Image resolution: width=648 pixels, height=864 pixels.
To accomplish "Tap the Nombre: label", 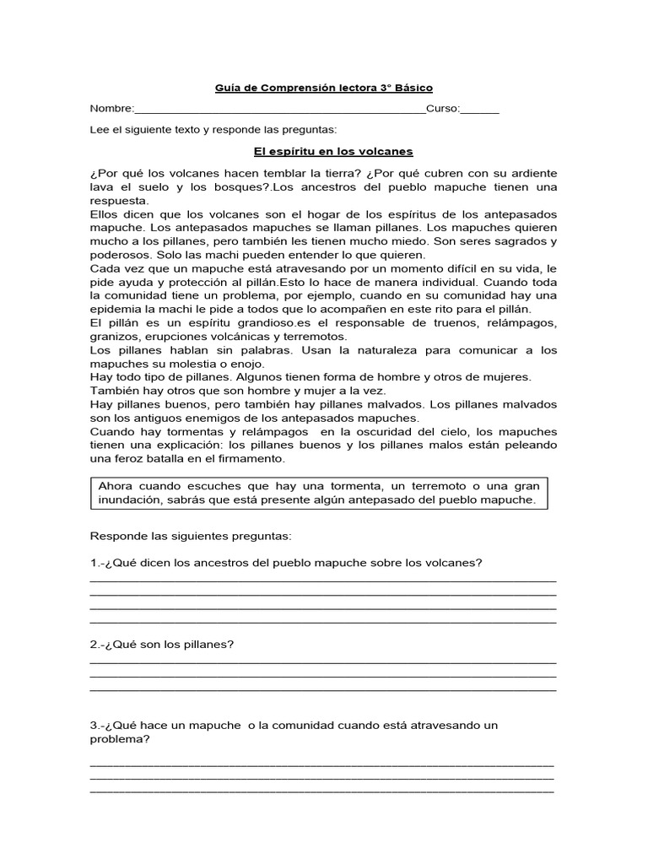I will click(x=111, y=108).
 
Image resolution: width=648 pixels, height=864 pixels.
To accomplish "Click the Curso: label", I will click(x=443, y=108).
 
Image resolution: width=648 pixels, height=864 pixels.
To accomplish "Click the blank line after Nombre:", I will click(x=280, y=111).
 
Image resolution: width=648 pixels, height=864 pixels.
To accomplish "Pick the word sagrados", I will click(x=516, y=241).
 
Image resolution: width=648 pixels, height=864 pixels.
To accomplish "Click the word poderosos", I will click(x=119, y=255).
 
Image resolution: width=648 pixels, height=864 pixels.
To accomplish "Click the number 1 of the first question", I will click(x=93, y=563).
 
